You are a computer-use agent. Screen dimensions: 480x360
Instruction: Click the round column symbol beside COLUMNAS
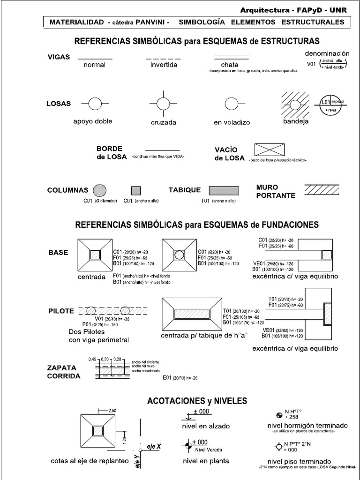coord(99,190)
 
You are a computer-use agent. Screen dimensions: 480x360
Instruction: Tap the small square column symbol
coord(135,190)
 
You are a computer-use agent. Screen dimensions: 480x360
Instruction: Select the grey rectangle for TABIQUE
coord(224,190)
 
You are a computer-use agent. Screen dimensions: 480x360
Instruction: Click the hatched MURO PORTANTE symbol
coord(323,189)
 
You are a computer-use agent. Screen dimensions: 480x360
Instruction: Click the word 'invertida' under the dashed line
coord(164,65)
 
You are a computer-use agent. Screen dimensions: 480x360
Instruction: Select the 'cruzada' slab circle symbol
coord(163,103)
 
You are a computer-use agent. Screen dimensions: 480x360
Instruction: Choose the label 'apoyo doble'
coord(93,121)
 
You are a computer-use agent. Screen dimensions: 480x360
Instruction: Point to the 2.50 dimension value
coord(112,411)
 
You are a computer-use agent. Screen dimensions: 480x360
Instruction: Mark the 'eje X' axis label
coord(154,446)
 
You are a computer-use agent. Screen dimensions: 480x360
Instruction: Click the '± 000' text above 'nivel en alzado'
coord(200,412)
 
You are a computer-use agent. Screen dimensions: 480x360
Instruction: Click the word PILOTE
coord(61,311)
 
